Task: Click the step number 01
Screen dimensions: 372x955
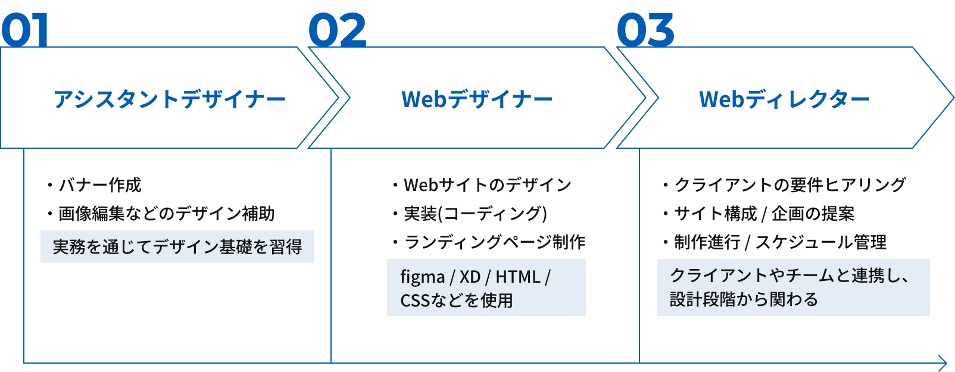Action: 25,31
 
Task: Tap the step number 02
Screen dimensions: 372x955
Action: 337,31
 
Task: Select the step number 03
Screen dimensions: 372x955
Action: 645,31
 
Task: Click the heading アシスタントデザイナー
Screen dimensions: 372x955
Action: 170,99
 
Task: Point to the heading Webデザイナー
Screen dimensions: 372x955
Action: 477,99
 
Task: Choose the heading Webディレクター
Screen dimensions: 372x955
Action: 784,99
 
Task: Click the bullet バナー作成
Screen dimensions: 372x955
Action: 99,185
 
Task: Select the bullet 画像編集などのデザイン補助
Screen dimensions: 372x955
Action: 166,214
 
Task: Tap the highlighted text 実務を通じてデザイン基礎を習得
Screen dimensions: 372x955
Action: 177,247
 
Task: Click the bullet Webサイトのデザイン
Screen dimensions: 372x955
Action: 487,185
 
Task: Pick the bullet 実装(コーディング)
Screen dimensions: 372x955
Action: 475,214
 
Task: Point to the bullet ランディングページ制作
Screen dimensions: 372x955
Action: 494,242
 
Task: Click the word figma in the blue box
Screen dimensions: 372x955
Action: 423,277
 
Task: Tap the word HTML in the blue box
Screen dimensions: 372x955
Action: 518,277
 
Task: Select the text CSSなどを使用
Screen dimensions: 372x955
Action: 457,301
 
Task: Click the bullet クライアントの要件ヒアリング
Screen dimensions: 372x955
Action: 789,185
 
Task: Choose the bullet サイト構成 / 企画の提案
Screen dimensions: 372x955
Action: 764,214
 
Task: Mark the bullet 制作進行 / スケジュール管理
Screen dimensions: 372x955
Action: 780,242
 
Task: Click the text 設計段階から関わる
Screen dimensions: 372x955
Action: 744,299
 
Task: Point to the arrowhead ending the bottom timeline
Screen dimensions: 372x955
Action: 943,362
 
